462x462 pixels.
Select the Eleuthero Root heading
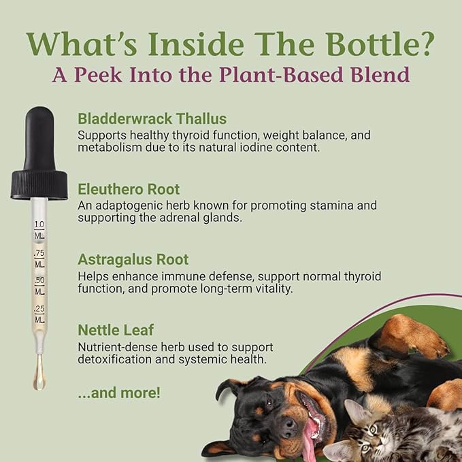click(x=129, y=188)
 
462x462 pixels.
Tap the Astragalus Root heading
click(x=133, y=259)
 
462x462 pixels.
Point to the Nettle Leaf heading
click(x=113, y=330)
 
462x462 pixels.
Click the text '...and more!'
click(x=119, y=393)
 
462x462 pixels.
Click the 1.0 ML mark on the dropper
click(x=39, y=229)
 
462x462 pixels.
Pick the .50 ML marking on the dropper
click(x=39, y=285)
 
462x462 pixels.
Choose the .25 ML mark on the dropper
click(x=39, y=313)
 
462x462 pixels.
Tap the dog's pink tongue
click(x=311, y=434)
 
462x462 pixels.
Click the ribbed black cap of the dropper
click(x=39, y=184)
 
